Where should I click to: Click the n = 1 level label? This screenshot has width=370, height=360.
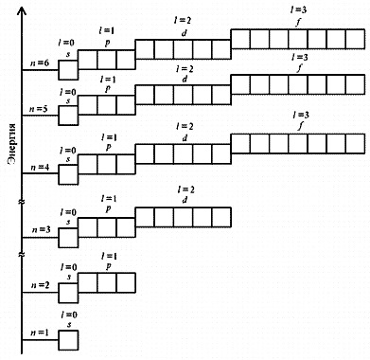click(40, 333)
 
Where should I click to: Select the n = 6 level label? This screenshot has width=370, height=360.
click(40, 63)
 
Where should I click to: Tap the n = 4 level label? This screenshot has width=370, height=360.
click(40, 167)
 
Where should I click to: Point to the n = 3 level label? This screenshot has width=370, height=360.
click(41, 229)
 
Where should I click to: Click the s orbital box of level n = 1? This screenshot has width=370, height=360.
click(68, 340)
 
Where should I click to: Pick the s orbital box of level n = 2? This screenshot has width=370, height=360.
click(68, 293)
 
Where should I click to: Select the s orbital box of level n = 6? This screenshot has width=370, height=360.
click(68, 70)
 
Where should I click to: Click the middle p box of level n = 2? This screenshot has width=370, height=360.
click(107, 282)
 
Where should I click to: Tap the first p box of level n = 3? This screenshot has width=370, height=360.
click(87, 227)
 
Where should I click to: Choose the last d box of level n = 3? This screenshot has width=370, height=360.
click(221, 217)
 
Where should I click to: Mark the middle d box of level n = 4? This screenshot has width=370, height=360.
click(183, 154)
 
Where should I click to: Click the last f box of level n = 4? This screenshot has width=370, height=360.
click(355, 144)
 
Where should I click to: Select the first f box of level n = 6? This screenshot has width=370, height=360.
click(240, 39)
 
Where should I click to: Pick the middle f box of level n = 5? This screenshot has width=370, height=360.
click(298, 84)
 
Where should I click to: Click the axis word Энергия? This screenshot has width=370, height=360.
click(12, 145)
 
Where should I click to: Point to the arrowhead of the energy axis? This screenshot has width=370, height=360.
click(22, 10)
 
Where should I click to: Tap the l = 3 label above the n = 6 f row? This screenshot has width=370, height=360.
click(298, 10)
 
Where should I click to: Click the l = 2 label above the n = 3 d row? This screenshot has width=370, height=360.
click(185, 189)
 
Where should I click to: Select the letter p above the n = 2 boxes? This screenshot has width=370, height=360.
click(108, 267)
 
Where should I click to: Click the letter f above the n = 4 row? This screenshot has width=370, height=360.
click(300, 127)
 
